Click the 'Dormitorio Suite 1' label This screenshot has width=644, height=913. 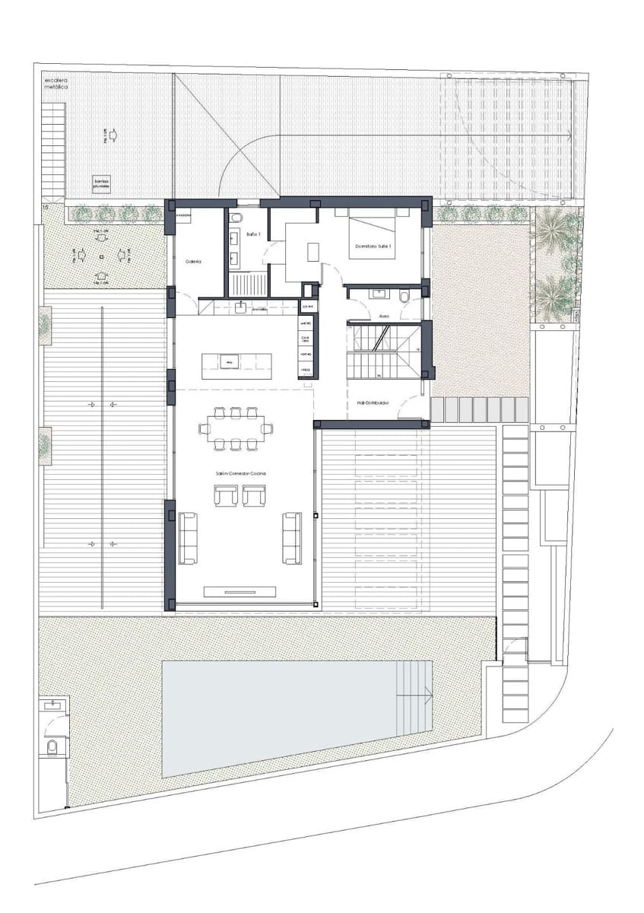pos(373,247)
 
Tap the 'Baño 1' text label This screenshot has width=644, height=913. pos(253,234)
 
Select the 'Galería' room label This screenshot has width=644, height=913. pos(193,261)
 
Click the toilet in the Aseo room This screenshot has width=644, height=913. pos(405,295)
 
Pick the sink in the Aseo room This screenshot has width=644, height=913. pos(378,291)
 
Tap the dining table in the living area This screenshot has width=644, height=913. pos(236,428)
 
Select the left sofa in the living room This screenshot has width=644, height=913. pos(187,538)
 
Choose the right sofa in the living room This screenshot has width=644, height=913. pos(292,538)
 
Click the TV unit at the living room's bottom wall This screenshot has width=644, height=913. pos(240,591)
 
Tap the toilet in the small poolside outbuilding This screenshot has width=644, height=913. pos(52,748)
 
